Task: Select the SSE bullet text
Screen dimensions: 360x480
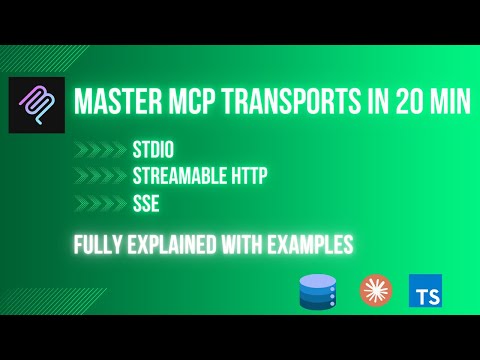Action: coord(145,204)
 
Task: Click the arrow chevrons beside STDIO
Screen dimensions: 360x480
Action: coord(100,153)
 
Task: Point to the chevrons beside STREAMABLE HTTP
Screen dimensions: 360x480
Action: coord(100,178)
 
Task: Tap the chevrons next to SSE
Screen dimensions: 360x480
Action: coord(100,204)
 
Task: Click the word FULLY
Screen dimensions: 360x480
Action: coord(98,243)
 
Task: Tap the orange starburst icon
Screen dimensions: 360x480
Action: coord(372,290)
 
